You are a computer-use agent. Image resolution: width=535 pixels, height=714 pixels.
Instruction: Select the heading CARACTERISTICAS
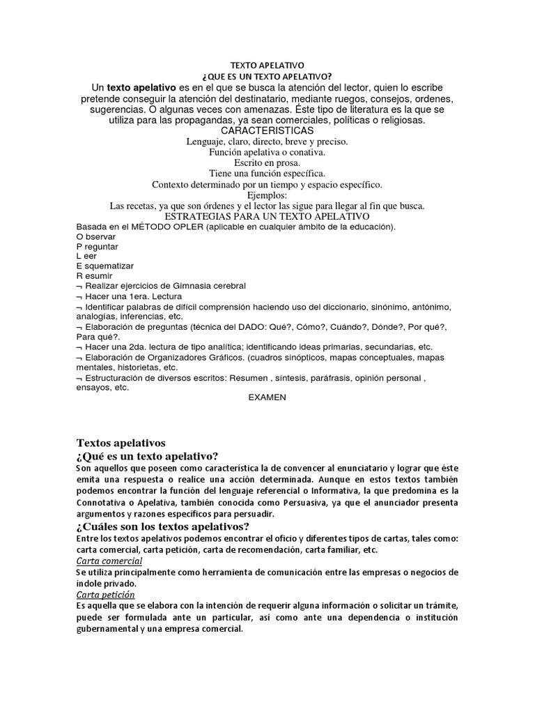pos(267,130)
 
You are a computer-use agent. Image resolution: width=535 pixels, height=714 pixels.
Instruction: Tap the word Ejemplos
pos(267,195)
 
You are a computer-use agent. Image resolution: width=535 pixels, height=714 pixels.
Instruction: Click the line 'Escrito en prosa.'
pos(267,162)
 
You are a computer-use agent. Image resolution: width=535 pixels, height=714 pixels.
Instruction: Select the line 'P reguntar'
pos(98,246)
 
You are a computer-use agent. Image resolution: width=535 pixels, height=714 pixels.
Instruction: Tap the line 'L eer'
pos(87,256)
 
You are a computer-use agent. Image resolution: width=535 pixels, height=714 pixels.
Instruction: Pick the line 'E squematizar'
pos(105,266)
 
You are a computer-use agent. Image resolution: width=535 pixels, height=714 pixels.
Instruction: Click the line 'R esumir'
pos(95,275)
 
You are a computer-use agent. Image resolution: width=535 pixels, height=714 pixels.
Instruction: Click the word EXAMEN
pos(267,397)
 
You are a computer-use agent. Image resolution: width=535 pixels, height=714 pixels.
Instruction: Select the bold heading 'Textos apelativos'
pos(121,442)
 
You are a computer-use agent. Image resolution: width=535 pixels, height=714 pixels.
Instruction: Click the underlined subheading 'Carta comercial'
pos(109,561)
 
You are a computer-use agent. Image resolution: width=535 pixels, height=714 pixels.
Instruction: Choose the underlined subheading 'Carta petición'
pos(105,594)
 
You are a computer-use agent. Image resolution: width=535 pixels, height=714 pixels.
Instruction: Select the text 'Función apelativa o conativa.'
pos(267,152)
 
